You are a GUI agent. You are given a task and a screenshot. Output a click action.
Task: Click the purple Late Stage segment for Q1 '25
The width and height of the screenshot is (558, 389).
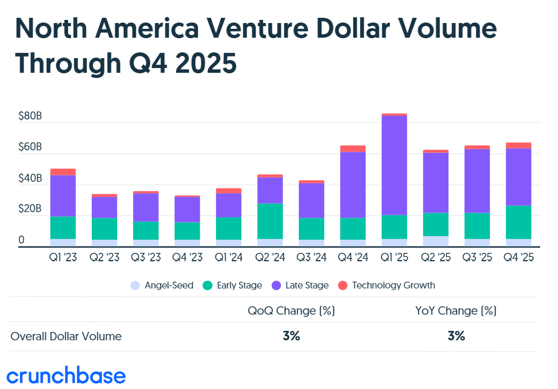(x=394, y=165)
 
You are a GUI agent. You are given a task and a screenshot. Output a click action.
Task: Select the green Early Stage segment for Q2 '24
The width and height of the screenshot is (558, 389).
(x=270, y=221)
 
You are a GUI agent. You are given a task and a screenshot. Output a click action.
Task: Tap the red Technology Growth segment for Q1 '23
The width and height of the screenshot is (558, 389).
(x=63, y=172)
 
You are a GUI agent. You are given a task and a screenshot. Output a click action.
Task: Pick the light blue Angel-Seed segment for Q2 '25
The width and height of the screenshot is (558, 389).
(x=436, y=241)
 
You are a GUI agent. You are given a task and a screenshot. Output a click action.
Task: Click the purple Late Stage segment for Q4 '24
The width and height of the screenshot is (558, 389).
(x=353, y=185)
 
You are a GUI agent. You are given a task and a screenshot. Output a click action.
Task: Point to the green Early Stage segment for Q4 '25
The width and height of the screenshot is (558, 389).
(x=519, y=222)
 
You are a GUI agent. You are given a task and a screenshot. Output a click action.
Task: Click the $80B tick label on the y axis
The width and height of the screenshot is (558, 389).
(x=30, y=116)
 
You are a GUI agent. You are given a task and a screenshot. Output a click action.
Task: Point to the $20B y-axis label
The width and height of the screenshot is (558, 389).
(x=30, y=209)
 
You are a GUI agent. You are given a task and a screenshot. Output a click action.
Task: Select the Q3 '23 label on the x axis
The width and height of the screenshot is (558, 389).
(x=146, y=257)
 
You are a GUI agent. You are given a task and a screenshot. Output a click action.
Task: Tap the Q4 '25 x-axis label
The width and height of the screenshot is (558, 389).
(x=519, y=257)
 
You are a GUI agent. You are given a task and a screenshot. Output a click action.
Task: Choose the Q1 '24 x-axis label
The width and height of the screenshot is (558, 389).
(x=229, y=257)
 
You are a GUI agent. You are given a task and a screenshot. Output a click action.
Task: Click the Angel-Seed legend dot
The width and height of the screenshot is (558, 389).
(x=136, y=285)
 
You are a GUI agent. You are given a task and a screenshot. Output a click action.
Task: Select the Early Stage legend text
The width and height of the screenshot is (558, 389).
(x=239, y=285)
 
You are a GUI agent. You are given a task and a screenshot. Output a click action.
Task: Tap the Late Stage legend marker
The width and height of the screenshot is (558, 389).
(x=276, y=285)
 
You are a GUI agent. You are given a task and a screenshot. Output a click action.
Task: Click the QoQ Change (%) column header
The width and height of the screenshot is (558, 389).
(x=291, y=310)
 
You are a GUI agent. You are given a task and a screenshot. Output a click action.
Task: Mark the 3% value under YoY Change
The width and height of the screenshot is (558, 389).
(x=456, y=336)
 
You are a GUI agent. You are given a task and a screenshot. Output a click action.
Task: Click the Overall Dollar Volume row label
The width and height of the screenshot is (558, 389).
(x=66, y=336)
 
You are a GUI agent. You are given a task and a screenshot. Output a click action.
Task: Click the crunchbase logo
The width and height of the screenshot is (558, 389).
(x=66, y=375)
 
